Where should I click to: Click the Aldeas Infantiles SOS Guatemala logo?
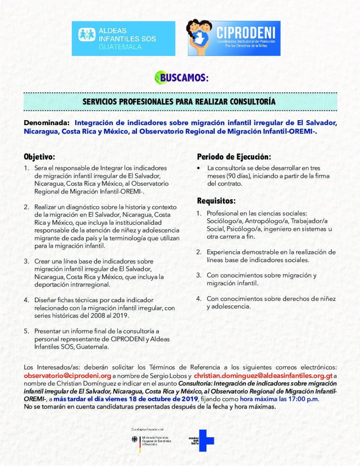127,38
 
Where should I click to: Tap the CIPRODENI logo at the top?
234,38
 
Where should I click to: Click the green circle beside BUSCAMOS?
159,77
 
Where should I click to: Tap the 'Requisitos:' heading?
216,201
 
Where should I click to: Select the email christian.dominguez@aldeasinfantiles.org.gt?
264,376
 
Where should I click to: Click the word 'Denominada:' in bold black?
47,122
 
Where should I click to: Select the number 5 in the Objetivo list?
26,331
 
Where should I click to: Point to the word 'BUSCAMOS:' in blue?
184,78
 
